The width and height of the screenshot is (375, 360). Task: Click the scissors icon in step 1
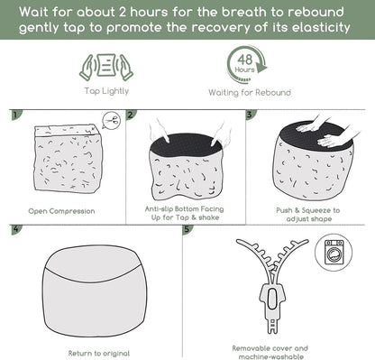(111, 121)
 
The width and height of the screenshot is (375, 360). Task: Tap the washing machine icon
(334, 253)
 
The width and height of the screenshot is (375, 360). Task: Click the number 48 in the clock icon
(245, 60)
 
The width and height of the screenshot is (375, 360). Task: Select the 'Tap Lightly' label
(106, 91)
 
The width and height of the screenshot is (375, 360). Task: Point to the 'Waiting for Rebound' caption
(250, 92)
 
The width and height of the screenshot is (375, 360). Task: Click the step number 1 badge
(16, 115)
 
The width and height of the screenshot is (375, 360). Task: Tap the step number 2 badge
(131, 115)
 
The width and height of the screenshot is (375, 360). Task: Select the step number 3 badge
(251, 115)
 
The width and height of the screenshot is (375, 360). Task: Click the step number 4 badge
(16, 229)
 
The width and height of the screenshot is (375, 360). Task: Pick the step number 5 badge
(187, 229)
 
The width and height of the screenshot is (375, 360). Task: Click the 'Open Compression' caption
(61, 211)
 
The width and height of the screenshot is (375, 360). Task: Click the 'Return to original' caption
(99, 354)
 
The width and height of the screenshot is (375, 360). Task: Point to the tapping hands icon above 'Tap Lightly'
(106, 67)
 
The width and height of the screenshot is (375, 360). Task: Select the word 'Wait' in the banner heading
(34, 12)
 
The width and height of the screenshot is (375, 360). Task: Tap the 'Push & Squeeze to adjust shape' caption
(308, 215)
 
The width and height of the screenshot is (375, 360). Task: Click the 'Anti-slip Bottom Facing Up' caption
(184, 209)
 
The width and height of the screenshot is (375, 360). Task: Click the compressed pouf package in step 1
(69, 158)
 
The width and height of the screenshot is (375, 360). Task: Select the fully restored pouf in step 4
(95, 291)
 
